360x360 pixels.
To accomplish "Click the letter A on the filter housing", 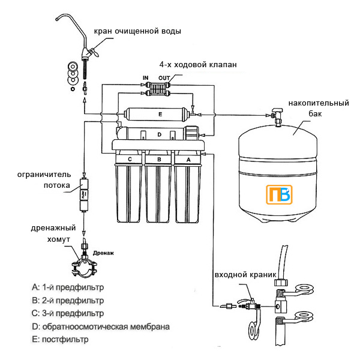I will (189, 159).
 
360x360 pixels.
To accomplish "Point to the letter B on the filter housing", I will (159, 159).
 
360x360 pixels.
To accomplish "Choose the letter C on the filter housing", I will (130, 159).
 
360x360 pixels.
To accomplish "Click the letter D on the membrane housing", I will (159, 135).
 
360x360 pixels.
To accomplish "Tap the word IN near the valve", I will (145, 78).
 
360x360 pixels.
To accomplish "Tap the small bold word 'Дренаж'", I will (103, 253).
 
